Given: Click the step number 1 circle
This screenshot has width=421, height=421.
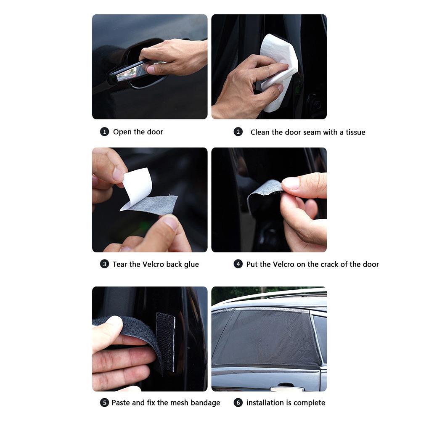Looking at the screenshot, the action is coord(104,132).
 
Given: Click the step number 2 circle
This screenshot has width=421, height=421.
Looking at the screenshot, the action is coord(238,132).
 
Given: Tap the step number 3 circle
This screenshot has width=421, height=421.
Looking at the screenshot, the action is coord(104,264).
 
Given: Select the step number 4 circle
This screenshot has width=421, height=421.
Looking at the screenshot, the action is coord(238,264).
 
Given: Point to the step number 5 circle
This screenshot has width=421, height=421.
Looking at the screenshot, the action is coord(104,402).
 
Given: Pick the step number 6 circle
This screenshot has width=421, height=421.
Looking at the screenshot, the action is coord(238,402).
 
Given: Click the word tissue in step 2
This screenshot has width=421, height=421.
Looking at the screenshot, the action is coord(355,132).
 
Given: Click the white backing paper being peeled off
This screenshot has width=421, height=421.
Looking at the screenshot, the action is coord(137,188).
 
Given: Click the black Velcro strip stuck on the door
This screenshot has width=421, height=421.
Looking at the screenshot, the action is coord(165,342).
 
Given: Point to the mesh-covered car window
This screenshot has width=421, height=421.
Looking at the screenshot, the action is coord(266,337).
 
